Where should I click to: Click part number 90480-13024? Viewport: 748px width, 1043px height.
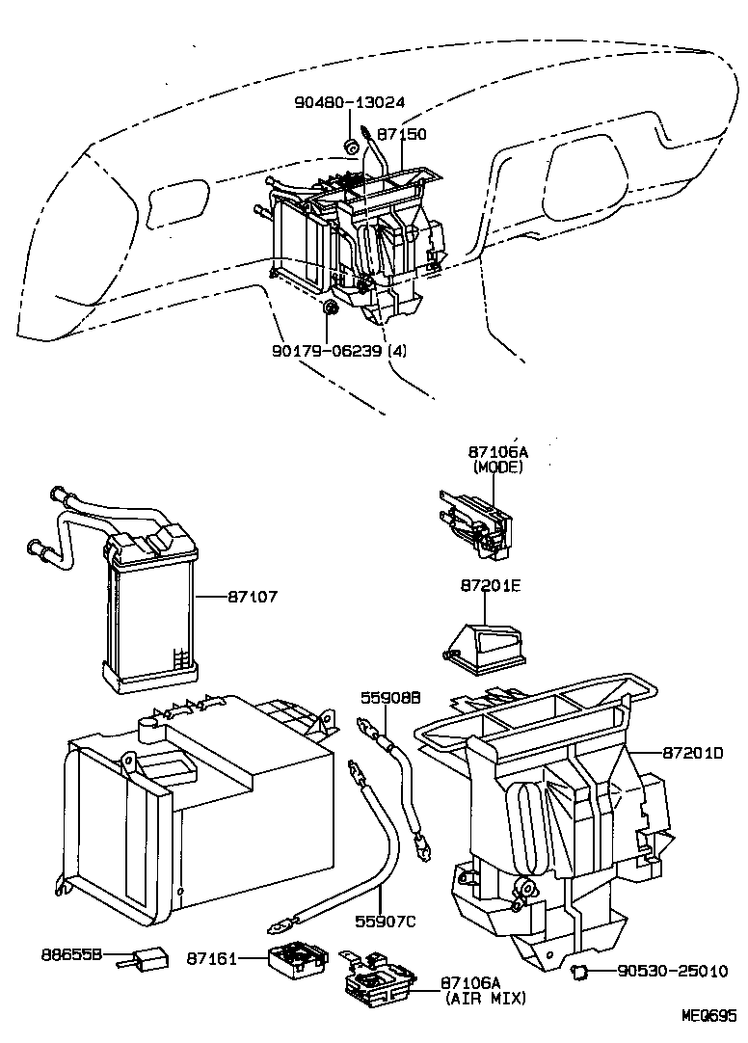click(350, 101)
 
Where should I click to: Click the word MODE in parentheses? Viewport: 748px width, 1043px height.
click(497, 467)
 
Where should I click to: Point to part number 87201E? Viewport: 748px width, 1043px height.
click(490, 586)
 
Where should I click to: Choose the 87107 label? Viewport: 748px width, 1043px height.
click(253, 598)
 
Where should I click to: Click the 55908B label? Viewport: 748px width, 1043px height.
click(390, 699)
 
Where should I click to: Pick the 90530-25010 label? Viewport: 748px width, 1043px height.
click(672, 971)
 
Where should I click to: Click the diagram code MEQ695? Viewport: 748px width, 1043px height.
click(709, 1016)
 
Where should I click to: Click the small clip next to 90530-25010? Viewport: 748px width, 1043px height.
click(579, 970)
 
